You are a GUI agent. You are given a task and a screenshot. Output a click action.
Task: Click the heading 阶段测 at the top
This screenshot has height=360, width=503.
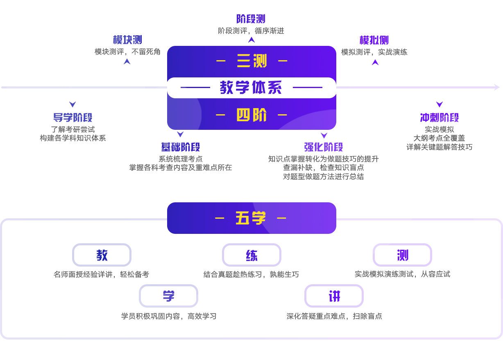coord(251,19)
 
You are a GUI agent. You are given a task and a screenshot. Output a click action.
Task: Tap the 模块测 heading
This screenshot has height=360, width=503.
coord(127,40)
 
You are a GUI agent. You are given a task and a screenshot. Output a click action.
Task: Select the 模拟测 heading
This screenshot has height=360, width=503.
coord(374,40)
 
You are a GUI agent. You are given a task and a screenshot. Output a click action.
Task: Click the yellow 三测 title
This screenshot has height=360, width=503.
coord(252,61)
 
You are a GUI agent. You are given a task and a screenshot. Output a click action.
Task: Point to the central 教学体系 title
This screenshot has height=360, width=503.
coord(251,87)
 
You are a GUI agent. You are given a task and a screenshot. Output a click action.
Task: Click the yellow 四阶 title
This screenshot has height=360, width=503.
coord(251,115)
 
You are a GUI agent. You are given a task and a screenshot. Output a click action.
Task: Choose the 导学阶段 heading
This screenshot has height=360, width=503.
coord(73,118)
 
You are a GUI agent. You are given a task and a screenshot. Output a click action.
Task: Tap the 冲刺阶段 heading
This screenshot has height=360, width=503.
coord(440,118)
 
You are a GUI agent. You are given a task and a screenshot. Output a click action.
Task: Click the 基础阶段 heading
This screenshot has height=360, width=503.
coord(181,147)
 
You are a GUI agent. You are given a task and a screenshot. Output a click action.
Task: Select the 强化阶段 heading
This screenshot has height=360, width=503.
coord(324,147)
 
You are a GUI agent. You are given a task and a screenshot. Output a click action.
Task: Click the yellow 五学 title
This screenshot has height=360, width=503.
coord(251,218)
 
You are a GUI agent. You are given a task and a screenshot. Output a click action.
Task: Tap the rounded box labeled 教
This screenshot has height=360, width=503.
coord(102,255)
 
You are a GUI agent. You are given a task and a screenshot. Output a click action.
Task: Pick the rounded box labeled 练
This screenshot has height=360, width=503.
coord(252,255)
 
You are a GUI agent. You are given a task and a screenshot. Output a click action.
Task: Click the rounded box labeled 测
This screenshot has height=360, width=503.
coord(402,255)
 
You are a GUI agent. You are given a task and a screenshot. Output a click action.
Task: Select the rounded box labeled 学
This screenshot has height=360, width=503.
coord(168,296)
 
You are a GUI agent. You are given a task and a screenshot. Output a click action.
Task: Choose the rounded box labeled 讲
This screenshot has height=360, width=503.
coord(334,296)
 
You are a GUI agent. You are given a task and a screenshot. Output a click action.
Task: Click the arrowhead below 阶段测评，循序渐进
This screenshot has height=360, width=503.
coord(251,40)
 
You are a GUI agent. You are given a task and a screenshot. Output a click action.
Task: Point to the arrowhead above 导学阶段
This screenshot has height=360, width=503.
coord(73,104)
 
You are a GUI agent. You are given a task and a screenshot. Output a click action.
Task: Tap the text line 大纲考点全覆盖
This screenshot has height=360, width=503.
coord(439,138)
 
